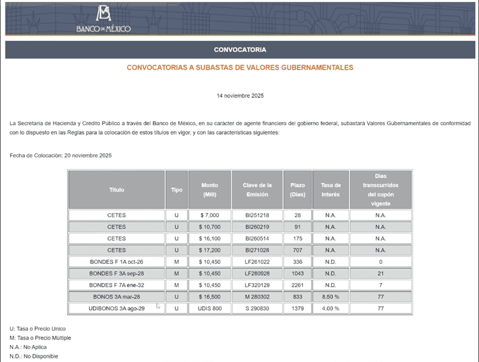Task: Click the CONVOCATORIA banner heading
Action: (240, 50)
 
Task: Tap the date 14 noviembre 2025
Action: (240, 96)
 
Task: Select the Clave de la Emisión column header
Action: (257, 190)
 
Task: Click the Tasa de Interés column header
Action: (331, 190)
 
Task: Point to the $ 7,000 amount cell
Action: (209, 215)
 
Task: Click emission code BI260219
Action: (257, 227)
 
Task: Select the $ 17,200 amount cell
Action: (209, 250)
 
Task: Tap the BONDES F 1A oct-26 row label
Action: (116, 262)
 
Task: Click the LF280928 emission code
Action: (257, 274)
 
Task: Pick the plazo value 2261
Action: (298, 285)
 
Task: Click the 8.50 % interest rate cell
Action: (331, 297)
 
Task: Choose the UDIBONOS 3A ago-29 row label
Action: (116, 309)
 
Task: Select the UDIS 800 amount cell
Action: (209, 309)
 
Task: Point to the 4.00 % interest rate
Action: (331, 309)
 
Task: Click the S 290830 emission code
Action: (257, 309)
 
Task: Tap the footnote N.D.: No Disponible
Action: (34, 356)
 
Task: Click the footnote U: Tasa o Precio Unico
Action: (38, 328)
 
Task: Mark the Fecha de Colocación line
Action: (61, 155)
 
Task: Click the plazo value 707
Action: (298, 250)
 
